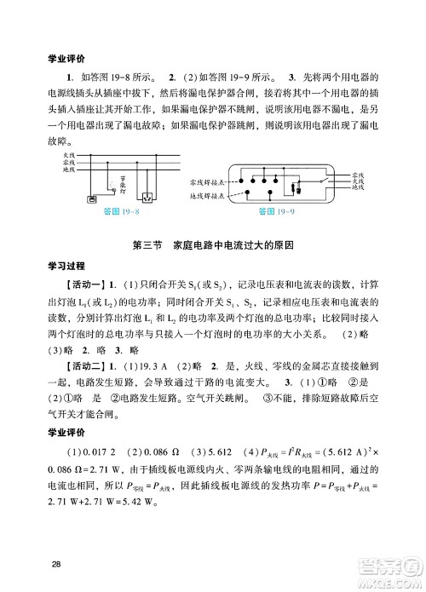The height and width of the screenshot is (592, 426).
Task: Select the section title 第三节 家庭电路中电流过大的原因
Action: pos(214,245)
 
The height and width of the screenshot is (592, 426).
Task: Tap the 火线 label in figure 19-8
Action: pos(69,155)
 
